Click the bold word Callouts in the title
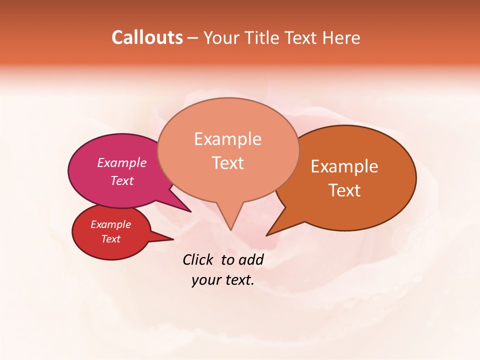147,37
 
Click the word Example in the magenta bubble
122,162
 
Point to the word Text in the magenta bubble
122,180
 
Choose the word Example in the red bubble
110,224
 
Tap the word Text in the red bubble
110,239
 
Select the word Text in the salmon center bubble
227,162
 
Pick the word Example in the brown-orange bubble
344,166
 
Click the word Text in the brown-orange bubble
344,190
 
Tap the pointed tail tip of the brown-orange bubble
267,235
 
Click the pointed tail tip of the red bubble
173,239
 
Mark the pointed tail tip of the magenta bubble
190,211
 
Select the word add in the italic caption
251,259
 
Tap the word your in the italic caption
206,280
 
